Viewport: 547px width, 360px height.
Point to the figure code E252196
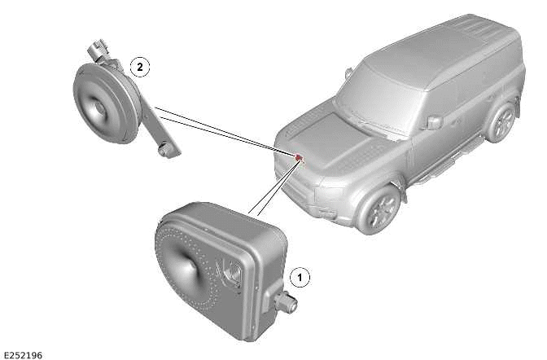pos(23,354)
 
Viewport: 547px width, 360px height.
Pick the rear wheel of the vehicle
pos(503,122)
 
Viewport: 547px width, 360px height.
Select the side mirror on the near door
pos(434,122)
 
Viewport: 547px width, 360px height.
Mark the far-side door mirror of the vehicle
pos(349,73)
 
